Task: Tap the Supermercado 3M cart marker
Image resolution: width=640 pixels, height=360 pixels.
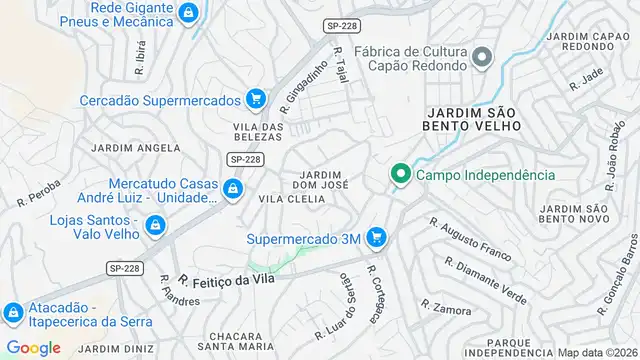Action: point(376,238)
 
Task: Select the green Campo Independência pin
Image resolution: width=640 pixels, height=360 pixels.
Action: point(401,175)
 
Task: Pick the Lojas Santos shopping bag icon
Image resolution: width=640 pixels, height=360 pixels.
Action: point(155,227)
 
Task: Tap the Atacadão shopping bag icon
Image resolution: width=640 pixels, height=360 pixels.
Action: point(13,314)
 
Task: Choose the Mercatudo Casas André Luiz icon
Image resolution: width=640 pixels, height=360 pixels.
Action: point(232,189)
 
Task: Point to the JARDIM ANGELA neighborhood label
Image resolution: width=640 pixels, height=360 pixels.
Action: point(135,148)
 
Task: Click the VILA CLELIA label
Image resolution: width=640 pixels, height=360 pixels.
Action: point(292,199)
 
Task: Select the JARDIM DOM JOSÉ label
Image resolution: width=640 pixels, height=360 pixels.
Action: point(320,179)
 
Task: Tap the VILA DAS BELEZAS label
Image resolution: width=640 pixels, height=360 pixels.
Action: point(258,132)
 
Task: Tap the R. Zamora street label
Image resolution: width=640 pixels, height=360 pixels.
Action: point(439,305)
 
